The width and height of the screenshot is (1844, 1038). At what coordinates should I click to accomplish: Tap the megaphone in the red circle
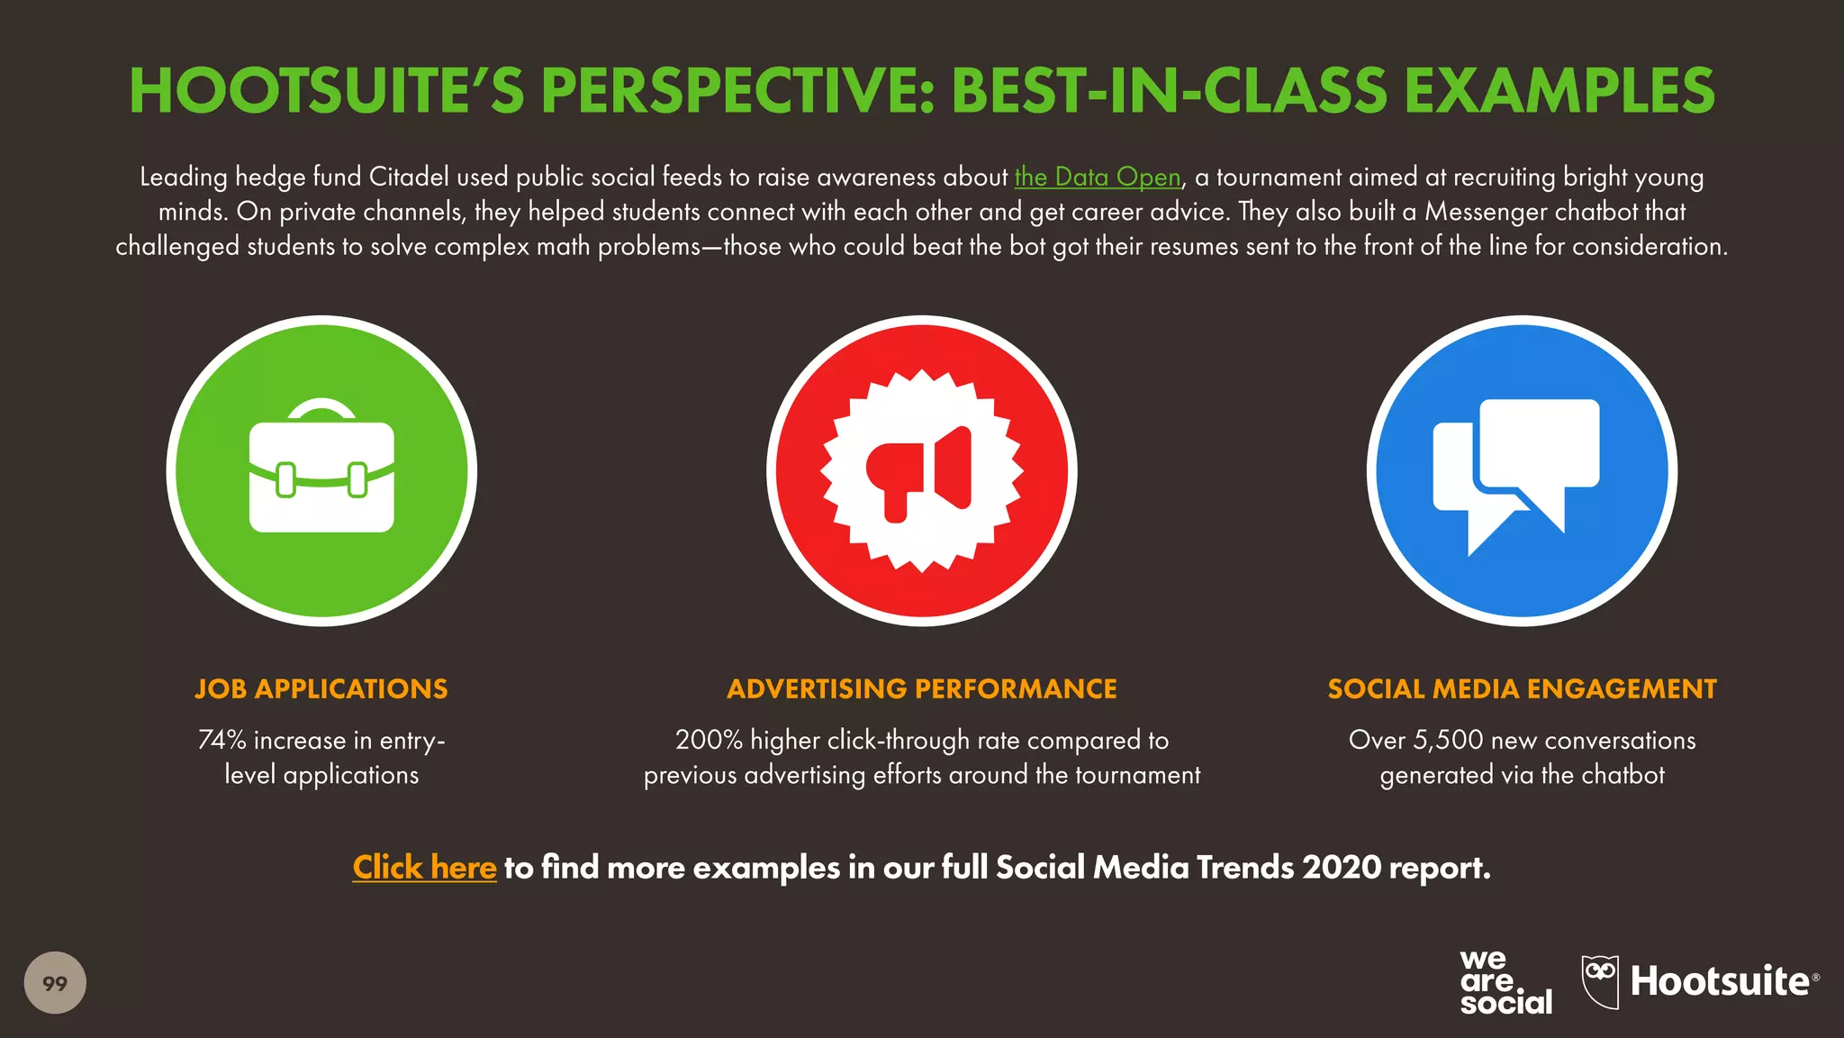click(921, 471)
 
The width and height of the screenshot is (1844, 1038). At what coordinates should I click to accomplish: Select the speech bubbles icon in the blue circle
click(1522, 471)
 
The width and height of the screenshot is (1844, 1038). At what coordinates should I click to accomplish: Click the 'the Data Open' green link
click(1097, 177)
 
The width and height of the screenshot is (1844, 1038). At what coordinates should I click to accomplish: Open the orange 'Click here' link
click(424, 867)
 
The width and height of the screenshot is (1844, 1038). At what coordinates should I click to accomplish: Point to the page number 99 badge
click(55, 982)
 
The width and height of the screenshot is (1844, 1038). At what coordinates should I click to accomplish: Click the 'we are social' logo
click(1505, 982)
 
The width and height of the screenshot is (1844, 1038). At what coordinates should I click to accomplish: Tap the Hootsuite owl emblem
click(1600, 980)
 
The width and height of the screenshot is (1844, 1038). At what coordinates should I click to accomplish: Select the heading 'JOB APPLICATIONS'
click(321, 688)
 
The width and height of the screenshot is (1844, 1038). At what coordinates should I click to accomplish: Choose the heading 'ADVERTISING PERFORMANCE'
click(921, 688)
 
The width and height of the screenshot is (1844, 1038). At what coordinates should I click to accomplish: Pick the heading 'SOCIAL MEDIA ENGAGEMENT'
click(1522, 688)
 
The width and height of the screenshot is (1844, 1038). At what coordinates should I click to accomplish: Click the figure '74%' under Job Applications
click(221, 740)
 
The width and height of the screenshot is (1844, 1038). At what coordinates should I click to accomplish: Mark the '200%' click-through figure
click(709, 740)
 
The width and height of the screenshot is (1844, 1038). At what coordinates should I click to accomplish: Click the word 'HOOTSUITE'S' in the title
click(327, 91)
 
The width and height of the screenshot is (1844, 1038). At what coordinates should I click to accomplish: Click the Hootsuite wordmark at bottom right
click(1720, 981)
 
